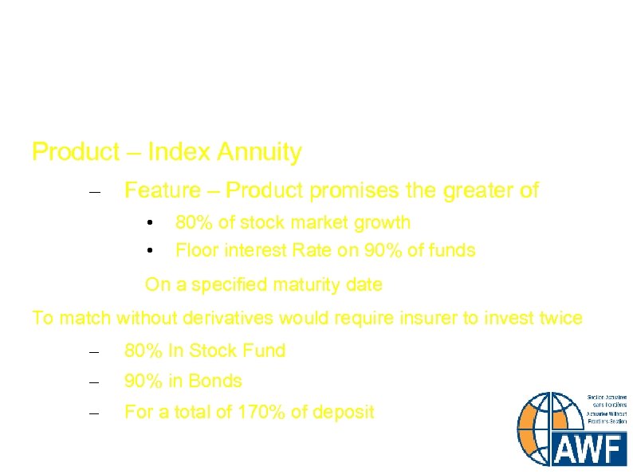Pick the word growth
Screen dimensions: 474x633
(x=381, y=222)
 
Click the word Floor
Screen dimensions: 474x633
(x=196, y=250)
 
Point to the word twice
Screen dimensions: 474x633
(x=560, y=319)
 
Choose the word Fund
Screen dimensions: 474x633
(x=265, y=351)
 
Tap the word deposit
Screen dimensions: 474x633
(x=341, y=413)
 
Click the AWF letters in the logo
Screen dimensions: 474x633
(x=590, y=450)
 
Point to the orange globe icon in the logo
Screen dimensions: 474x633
(x=544, y=427)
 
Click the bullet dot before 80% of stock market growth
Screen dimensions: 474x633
(x=150, y=223)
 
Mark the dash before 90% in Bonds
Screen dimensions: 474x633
(x=94, y=382)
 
